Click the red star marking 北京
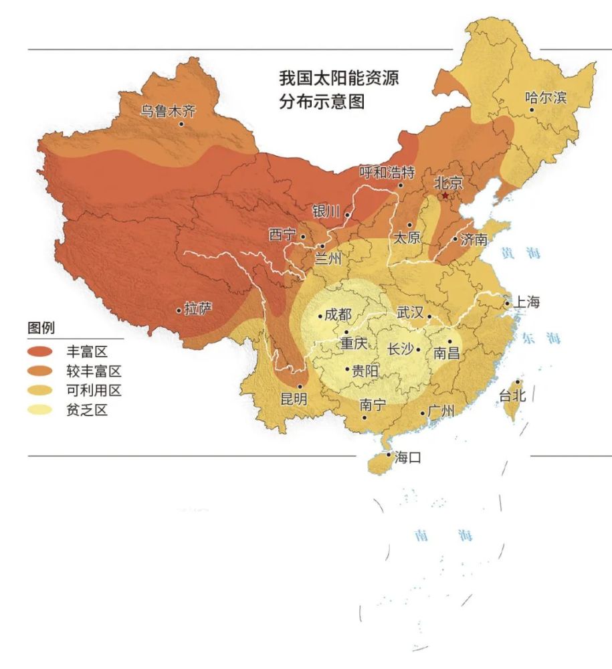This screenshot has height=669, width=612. [x=445, y=195]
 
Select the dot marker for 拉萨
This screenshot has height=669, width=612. [x=178, y=310]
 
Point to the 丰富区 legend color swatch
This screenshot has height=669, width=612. [x=40, y=352]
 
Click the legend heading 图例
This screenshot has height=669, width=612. [x=41, y=328]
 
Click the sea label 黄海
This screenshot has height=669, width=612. [x=520, y=253]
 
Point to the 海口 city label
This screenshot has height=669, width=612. [x=408, y=458]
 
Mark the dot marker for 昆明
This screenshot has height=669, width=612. [x=300, y=386]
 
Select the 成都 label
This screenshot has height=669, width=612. [x=338, y=315]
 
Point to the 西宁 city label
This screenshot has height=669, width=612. [x=282, y=235]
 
